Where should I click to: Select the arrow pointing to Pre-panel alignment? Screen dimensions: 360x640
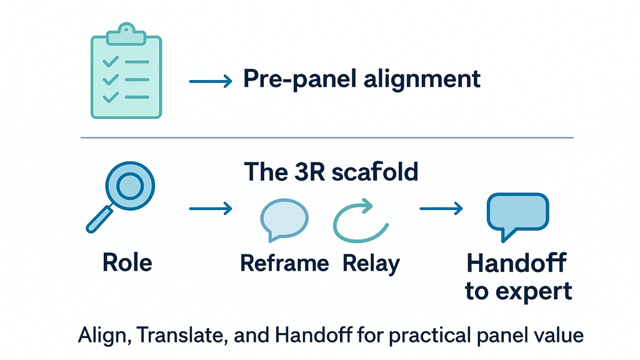(x=211, y=81)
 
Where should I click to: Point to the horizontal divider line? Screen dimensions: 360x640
(x=325, y=137)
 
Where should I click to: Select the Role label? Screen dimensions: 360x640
(x=127, y=262)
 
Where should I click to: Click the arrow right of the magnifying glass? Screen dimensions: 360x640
(x=211, y=207)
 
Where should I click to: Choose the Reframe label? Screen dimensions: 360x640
(x=285, y=263)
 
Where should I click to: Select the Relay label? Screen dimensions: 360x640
(x=371, y=263)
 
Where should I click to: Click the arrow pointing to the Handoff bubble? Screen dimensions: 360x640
(x=441, y=207)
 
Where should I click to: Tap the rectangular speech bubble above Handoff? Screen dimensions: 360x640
(x=517, y=214)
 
